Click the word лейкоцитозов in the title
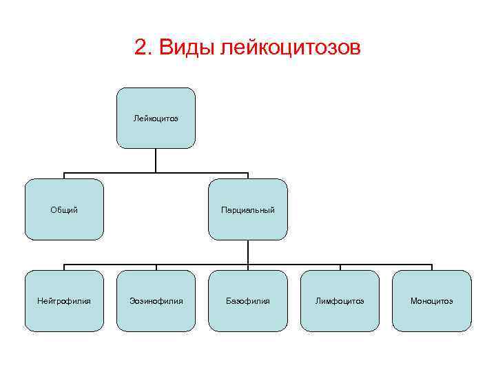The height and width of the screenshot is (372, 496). [289, 48]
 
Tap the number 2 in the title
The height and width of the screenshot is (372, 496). [142, 48]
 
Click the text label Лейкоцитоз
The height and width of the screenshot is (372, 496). [156, 118]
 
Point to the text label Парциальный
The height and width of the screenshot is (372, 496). [248, 209]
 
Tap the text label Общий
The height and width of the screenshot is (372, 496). [64, 209]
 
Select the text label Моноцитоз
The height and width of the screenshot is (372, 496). [431, 301]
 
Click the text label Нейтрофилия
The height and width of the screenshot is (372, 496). [64, 301]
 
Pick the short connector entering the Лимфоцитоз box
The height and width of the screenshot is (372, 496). [340, 267]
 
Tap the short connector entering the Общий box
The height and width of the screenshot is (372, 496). [64, 176]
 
